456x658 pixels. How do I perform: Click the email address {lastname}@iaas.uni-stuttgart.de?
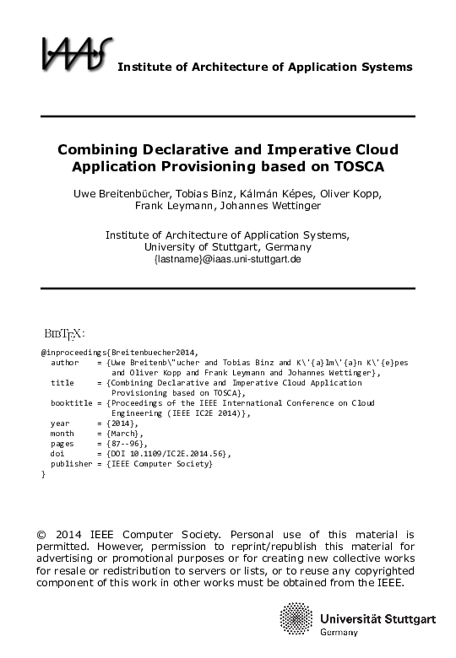click(228, 260)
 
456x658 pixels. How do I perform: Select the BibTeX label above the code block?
click(64, 331)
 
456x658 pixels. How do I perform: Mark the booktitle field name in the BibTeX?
click(71, 403)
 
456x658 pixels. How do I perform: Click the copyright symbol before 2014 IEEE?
click(42, 535)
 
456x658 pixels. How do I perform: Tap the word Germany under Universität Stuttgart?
click(339, 633)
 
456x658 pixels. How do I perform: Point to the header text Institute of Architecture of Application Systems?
click(264, 67)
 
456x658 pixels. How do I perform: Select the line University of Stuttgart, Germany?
click(228, 247)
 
